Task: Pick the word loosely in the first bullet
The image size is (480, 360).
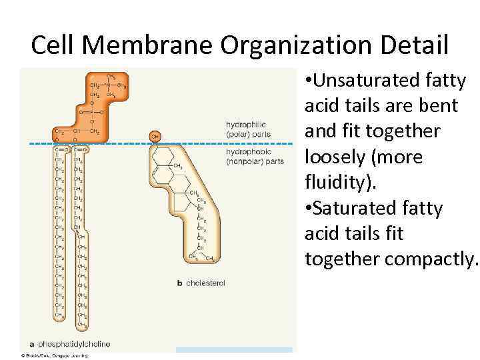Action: pyautogui.click(x=337, y=157)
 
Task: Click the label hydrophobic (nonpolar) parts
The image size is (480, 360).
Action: pyautogui.click(x=255, y=157)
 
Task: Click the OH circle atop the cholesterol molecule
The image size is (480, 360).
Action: pyautogui.click(x=155, y=136)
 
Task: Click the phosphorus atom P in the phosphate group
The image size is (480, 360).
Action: pyautogui.click(x=94, y=113)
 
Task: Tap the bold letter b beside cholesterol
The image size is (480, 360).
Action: pyautogui.click(x=179, y=283)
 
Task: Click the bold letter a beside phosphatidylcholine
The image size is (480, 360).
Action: pyautogui.click(x=32, y=344)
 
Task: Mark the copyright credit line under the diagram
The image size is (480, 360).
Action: pyautogui.click(x=55, y=355)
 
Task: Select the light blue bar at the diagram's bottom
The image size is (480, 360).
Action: pyautogui.click(x=234, y=349)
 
